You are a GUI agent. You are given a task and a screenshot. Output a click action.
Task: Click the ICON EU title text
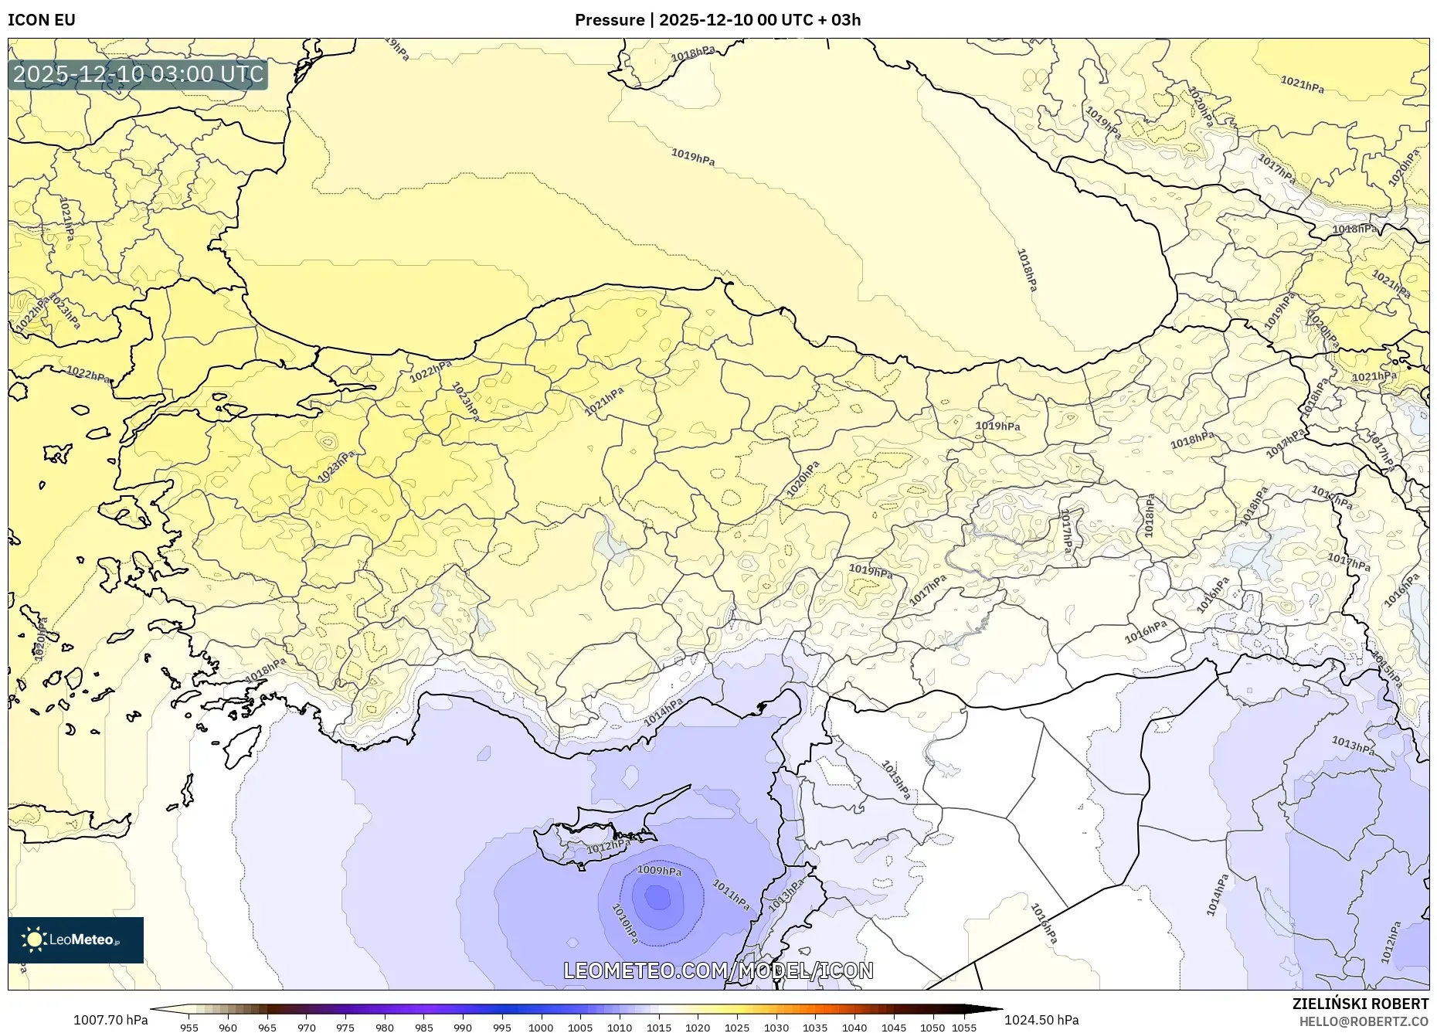coord(42,20)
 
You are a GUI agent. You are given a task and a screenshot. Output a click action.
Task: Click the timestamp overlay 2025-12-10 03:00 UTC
coord(138,74)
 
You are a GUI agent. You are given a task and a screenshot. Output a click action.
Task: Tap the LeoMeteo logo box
coord(76,940)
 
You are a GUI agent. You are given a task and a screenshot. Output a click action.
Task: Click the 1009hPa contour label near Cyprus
coord(659,871)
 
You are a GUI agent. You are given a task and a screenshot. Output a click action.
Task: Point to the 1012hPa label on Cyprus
coord(608,847)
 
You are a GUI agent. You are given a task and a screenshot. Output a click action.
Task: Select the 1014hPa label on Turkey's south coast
coord(663,712)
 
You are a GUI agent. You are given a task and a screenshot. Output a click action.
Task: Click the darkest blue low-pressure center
coord(657,898)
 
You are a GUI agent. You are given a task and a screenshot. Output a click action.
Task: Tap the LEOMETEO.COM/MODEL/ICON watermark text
coord(718,970)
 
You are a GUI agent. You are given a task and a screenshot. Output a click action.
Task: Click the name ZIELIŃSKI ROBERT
coord(1360,1004)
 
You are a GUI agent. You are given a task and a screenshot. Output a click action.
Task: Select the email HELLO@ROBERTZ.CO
coord(1363,1021)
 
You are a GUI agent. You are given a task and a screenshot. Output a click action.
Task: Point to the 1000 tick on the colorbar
coord(541,1028)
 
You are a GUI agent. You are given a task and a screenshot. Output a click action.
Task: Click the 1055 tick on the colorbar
coord(964,1028)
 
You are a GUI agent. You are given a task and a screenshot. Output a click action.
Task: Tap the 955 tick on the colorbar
coord(189,1028)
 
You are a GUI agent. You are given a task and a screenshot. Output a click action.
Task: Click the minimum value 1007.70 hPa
coord(110,1020)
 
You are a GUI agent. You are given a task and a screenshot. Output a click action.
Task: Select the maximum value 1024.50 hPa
coord(1041,1020)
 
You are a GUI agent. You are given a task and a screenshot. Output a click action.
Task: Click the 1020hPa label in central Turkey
coord(803,480)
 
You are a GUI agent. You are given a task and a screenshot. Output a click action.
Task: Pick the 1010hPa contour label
coord(625,923)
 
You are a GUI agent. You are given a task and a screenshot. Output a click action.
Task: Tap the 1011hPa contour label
coord(730,895)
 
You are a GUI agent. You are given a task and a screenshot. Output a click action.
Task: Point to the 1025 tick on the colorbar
coord(737,1028)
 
